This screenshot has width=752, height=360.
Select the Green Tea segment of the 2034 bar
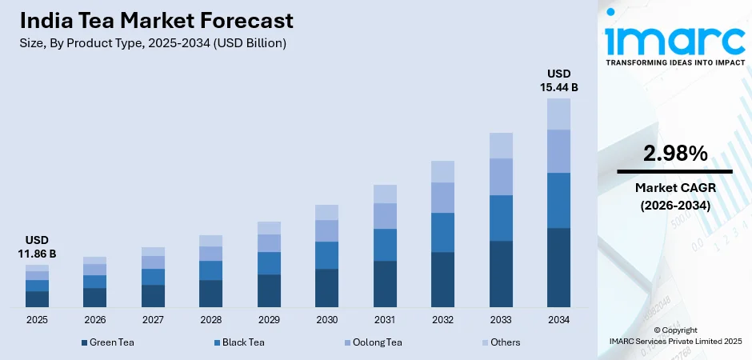(558, 267)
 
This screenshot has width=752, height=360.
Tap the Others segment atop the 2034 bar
(558, 114)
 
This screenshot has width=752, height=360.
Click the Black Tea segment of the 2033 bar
(501, 218)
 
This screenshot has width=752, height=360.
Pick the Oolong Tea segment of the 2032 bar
(442, 198)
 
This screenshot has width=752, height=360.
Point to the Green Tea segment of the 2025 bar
(37, 299)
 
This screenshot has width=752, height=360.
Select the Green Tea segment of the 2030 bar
(326, 288)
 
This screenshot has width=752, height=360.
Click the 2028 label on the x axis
(210, 320)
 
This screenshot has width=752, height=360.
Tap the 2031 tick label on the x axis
(385, 320)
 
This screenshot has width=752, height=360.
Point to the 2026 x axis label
(94, 320)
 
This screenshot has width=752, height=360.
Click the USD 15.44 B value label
(558, 80)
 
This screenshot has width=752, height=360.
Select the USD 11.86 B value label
(37, 246)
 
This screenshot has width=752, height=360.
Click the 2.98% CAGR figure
(674, 154)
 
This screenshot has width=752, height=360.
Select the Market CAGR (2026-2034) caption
(674, 197)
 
